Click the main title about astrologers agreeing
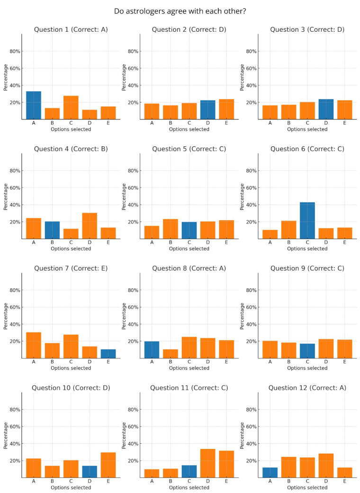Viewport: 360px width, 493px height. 180,11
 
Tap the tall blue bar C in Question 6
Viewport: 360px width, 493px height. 307,221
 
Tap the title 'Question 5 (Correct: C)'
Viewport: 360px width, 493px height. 189,149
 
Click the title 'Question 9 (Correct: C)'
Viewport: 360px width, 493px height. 307,268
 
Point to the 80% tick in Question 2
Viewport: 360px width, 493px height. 133,51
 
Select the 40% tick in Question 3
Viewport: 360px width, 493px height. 252,85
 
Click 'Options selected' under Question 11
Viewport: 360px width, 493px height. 189,487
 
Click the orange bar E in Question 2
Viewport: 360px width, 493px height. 226,109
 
